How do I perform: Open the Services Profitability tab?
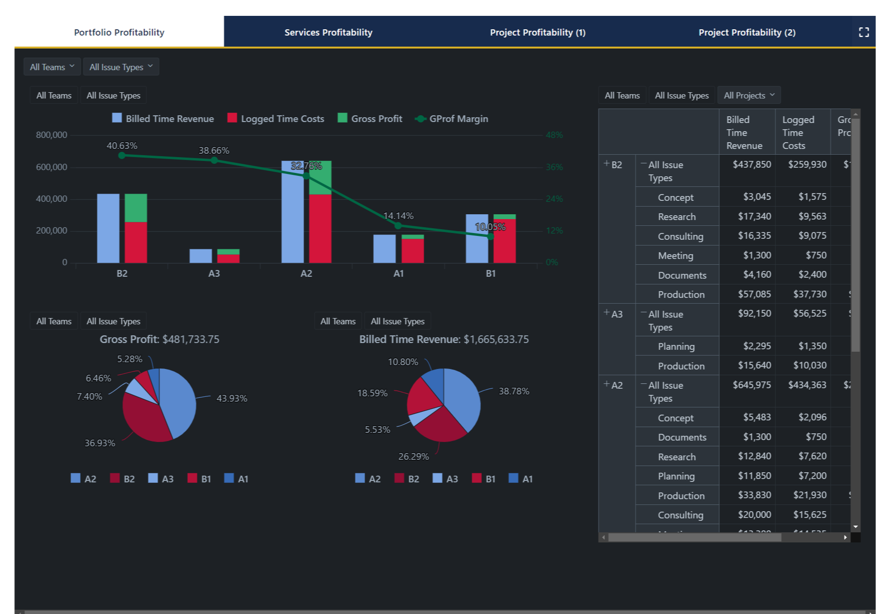pos(328,32)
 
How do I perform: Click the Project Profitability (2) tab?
pos(747,32)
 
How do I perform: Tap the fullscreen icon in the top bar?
pos(863,32)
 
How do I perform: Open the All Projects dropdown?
pos(749,95)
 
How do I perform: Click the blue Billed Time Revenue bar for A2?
pos(293,216)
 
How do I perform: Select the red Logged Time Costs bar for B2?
pos(136,242)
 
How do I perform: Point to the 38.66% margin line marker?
pos(214,160)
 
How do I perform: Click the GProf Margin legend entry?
pos(452,119)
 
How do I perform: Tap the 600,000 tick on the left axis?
pos(51,167)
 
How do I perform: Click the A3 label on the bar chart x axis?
pos(214,273)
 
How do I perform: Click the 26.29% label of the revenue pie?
pos(413,456)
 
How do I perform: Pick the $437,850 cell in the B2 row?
pos(751,164)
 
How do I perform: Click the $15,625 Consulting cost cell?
pos(810,515)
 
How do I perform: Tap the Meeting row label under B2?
pos(675,256)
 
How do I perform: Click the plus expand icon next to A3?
pos(607,313)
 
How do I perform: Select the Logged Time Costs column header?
pos(798,132)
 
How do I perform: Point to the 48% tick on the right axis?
pos(554,135)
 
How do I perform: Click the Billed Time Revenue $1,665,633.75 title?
pos(443,339)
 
